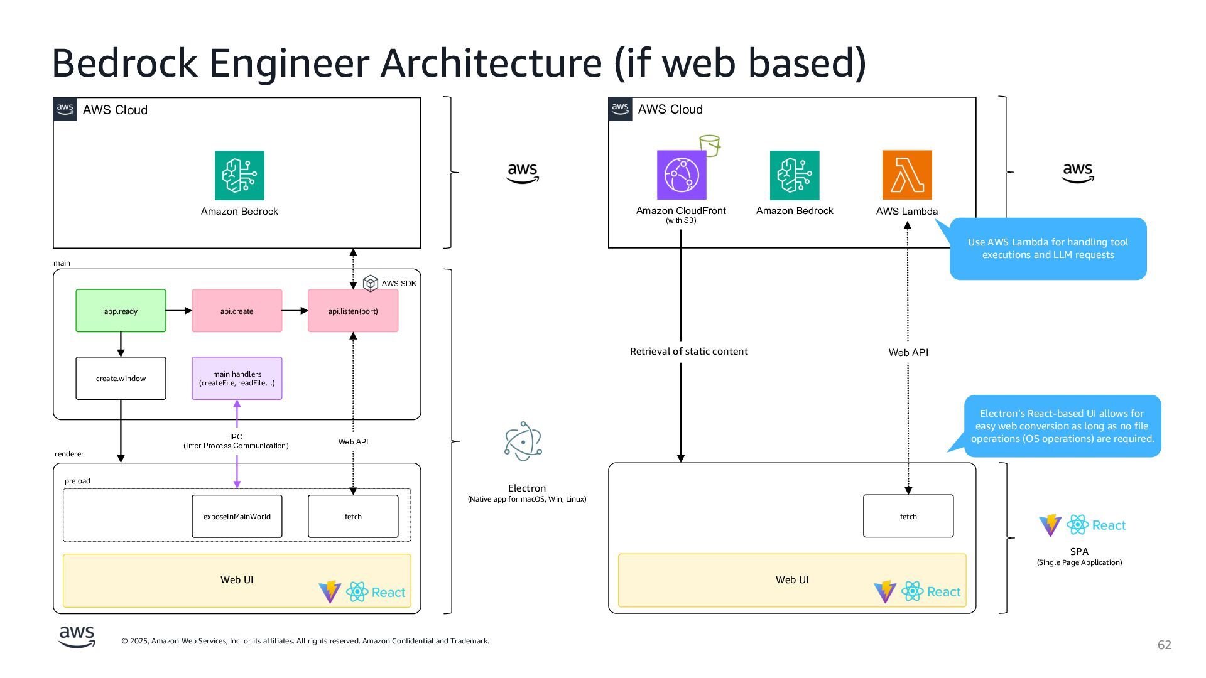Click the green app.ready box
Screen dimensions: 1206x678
pos(121,311)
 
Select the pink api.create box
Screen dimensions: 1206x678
pos(237,311)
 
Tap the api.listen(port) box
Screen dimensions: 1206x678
pos(353,311)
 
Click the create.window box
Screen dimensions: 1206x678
pos(121,378)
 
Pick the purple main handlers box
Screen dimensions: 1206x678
pos(237,378)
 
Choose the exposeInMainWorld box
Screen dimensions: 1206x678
pos(237,516)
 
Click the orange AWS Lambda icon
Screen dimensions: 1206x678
pos(907,175)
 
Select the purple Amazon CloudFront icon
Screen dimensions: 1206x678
pos(682,175)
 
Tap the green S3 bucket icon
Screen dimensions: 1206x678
pos(710,145)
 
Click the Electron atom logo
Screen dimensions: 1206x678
pos(523,441)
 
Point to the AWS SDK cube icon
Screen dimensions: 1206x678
pos(371,283)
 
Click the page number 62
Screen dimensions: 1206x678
pos(1165,645)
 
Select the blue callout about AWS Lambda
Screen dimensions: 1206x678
pos(1048,249)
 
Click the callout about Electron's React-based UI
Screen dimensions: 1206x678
pos(1062,426)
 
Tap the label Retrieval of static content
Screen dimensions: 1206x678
pos(688,352)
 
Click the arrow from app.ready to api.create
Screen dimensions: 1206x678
pos(179,311)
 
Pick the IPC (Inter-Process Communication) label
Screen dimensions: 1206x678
pos(236,441)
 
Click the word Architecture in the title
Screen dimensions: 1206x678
pos(491,63)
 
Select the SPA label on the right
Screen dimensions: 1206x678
pos(1079,551)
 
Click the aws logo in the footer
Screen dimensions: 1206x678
pos(77,637)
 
